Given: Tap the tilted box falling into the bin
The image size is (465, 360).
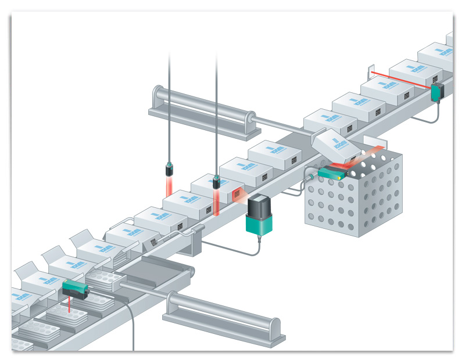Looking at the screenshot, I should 334,144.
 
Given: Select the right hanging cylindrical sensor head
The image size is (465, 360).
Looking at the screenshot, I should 216,183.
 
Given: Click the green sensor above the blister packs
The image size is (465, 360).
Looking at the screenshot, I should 76,288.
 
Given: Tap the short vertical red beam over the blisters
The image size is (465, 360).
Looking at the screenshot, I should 70,303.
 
